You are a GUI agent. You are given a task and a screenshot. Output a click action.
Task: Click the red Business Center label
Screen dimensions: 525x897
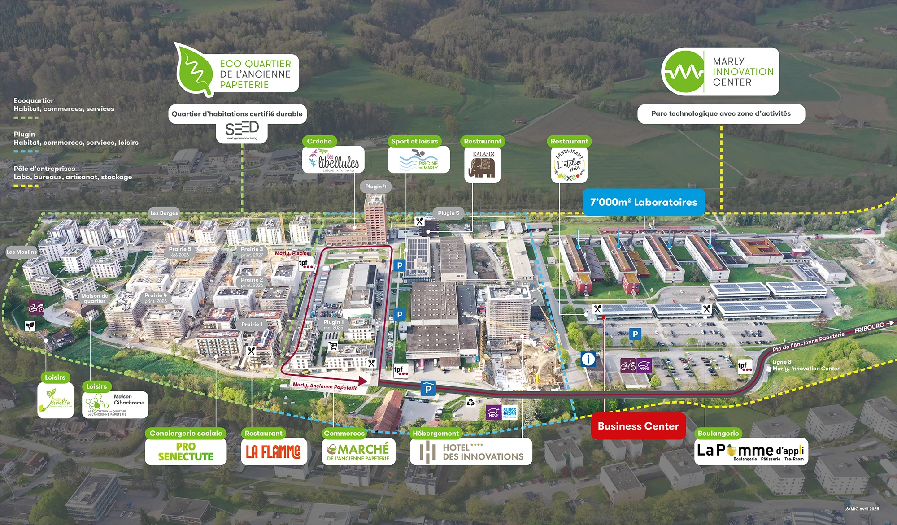pyautogui.click(x=638, y=426)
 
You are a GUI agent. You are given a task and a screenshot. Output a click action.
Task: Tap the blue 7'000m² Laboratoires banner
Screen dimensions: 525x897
pyautogui.click(x=644, y=202)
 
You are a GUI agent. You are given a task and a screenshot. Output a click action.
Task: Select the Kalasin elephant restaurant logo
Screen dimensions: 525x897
pyautogui.click(x=483, y=165)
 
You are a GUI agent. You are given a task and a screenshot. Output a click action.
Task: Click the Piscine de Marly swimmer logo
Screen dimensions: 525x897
pyautogui.click(x=418, y=160)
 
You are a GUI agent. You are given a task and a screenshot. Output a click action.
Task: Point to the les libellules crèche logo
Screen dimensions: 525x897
pyautogui.click(x=333, y=160)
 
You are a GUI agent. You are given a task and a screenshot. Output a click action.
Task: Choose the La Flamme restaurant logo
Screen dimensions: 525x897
pyautogui.click(x=273, y=452)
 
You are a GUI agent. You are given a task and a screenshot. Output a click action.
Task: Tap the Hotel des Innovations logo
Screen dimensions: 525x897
pyautogui.click(x=471, y=452)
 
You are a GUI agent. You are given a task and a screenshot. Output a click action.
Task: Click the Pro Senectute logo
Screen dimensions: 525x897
pyautogui.click(x=186, y=452)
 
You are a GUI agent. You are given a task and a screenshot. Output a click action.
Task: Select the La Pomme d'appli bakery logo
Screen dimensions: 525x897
pyautogui.click(x=751, y=451)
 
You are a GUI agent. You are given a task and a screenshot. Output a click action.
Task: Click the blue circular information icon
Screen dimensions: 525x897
pyautogui.click(x=588, y=359)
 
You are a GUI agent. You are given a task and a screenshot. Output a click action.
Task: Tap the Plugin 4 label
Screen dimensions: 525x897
pyautogui.click(x=375, y=187)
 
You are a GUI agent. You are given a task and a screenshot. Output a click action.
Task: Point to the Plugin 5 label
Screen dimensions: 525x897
pyautogui.click(x=448, y=213)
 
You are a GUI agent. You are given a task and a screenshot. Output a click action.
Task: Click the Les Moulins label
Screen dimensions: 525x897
pyautogui.click(x=22, y=252)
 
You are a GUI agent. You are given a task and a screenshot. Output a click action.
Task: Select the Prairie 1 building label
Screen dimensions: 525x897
pyautogui.click(x=252, y=324)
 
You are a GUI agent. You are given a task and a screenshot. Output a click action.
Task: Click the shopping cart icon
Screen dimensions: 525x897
pyautogui.click(x=333, y=346)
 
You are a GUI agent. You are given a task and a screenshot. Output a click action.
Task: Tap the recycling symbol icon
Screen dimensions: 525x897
pyautogui.click(x=470, y=402)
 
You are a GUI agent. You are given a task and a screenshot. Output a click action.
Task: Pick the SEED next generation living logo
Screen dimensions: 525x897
pyautogui.click(x=242, y=130)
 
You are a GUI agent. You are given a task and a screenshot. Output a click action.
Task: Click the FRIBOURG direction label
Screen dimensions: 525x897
pyautogui.click(x=869, y=328)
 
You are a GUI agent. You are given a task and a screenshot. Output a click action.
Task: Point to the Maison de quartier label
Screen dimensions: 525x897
pyautogui.click(x=95, y=298)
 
